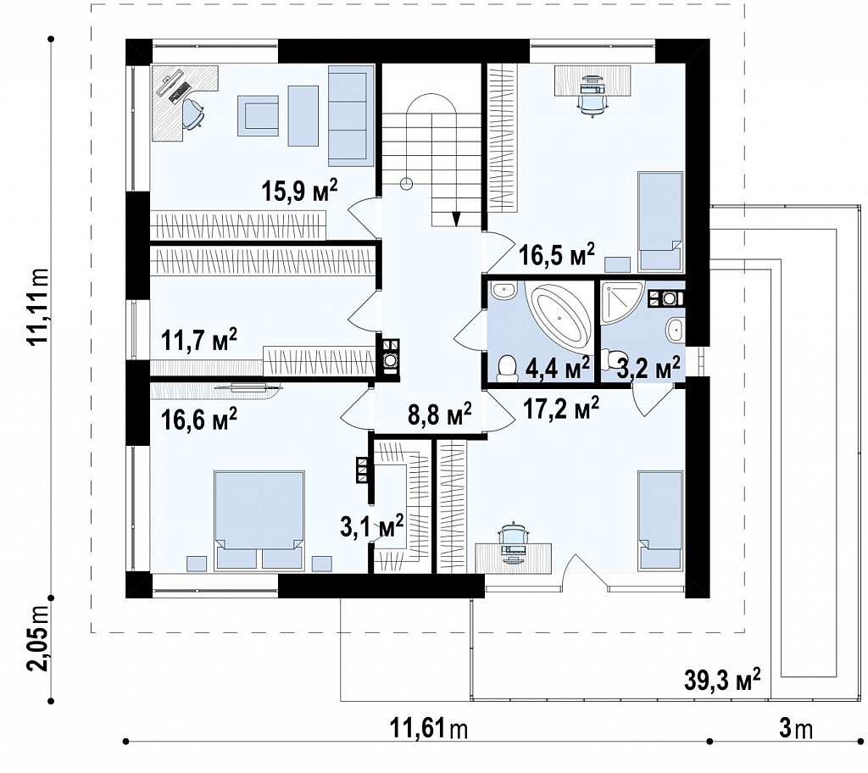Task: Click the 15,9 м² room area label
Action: click(x=299, y=191)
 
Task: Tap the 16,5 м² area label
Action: click(x=558, y=255)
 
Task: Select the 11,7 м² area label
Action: click(x=199, y=340)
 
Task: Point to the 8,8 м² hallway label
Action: click(x=440, y=414)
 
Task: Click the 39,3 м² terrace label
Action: click(x=722, y=679)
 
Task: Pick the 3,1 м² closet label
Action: click(x=371, y=526)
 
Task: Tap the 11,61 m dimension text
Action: click(x=429, y=729)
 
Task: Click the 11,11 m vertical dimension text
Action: click(x=39, y=309)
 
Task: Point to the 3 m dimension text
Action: click(x=796, y=729)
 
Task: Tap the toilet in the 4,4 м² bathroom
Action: click(x=506, y=370)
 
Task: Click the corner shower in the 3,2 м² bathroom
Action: click(x=622, y=303)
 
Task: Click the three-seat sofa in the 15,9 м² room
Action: click(x=350, y=115)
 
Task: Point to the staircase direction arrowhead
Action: click(x=456, y=218)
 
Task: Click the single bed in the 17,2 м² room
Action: click(x=659, y=520)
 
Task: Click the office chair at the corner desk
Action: click(x=192, y=114)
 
